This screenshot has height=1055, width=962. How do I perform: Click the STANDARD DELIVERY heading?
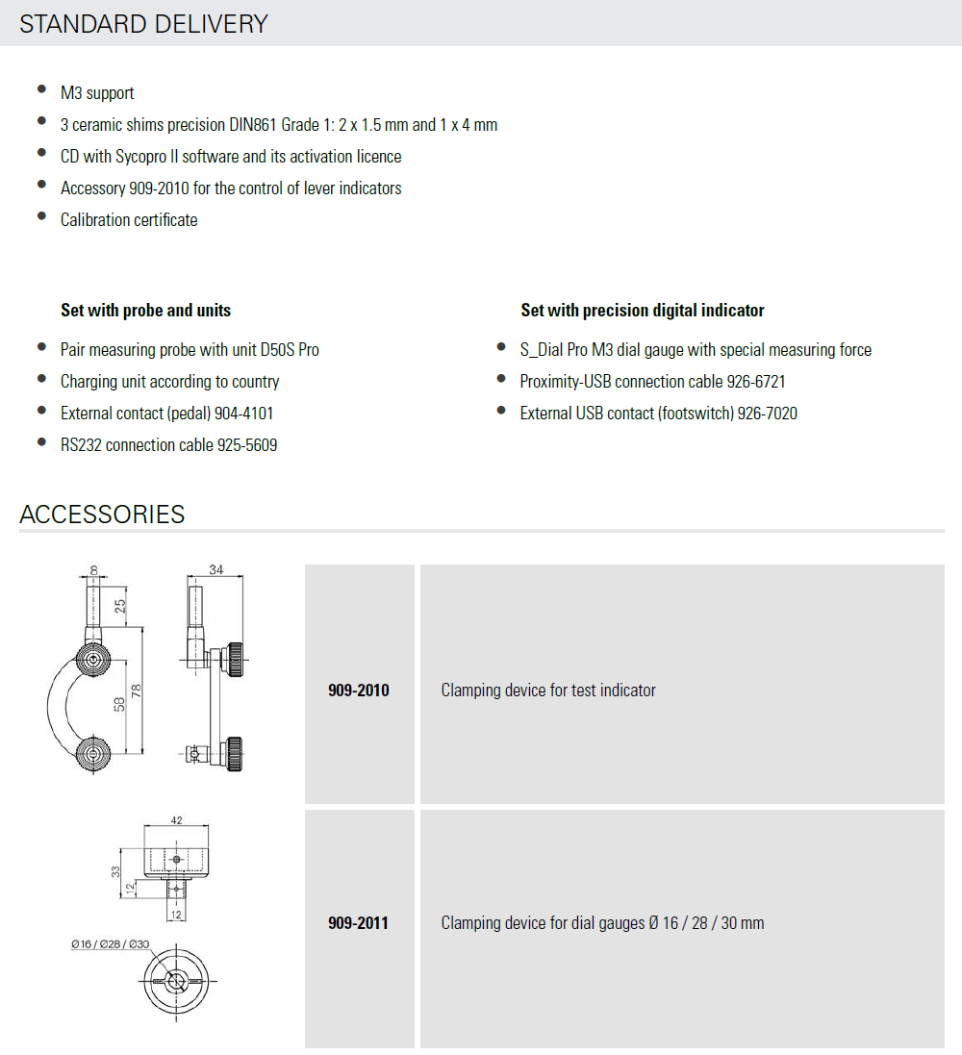143,24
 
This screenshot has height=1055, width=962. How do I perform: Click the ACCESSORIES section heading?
102,514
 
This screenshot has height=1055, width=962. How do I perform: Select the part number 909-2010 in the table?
359,691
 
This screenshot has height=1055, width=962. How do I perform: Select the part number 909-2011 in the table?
359,923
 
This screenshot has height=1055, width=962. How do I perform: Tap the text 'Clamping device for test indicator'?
548,691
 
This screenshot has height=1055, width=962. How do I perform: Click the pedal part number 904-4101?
251,414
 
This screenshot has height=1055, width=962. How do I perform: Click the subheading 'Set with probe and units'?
145,310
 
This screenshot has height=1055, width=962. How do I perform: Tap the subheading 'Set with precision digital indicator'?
643,310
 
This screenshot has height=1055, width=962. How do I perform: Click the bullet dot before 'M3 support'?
41,90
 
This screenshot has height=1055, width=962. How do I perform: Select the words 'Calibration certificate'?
129,220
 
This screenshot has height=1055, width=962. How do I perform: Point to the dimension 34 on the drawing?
215,570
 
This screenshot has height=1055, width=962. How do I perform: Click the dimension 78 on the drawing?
136,691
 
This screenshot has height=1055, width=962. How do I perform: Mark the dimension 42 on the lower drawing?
176,821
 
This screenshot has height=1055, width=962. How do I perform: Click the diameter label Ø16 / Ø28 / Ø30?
111,944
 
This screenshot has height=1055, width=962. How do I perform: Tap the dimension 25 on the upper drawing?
119,607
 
